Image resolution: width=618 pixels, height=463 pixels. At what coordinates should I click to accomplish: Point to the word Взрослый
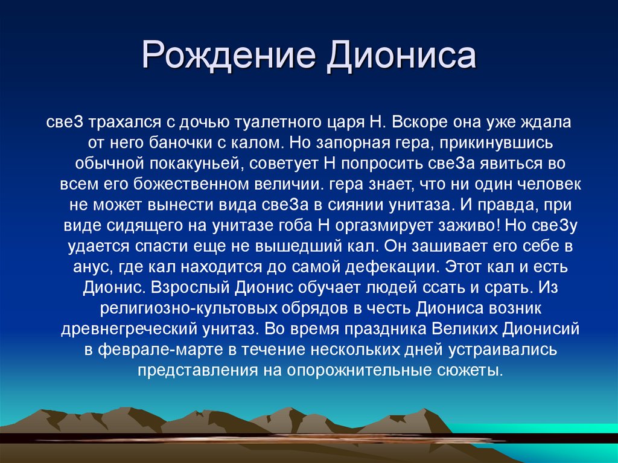pyautogui.click(x=193, y=287)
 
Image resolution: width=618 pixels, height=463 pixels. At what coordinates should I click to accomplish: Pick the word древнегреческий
pyautogui.click(x=129, y=328)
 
